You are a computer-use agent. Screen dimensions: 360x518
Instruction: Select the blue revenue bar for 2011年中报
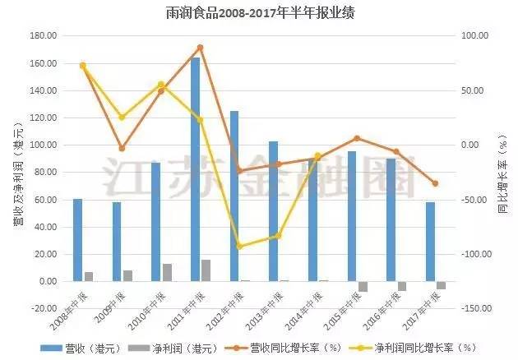point(196,169)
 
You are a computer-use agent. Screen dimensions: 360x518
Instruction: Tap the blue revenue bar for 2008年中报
point(78,240)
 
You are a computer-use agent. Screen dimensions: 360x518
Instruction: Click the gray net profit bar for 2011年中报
point(206,270)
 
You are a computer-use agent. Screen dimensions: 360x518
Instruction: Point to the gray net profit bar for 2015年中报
point(363,286)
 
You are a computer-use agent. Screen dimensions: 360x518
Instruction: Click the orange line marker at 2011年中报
point(200,48)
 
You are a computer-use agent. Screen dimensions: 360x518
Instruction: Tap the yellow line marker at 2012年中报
point(239,246)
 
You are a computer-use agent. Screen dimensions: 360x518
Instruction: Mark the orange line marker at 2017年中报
point(435,183)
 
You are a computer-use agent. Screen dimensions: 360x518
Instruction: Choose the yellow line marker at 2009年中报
point(122,118)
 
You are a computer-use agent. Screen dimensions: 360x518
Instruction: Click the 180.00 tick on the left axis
point(43,36)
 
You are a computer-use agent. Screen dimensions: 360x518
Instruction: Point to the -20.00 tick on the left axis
point(43,308)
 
